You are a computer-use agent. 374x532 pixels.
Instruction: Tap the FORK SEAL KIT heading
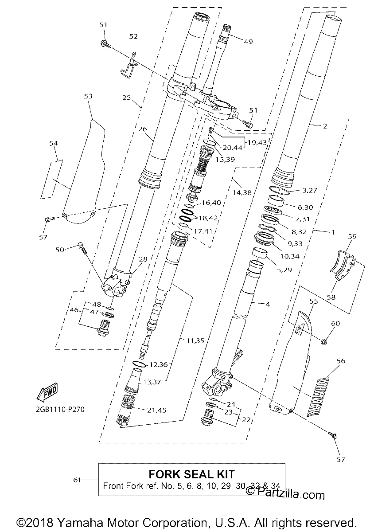pyautogui.click(x=191, y=474)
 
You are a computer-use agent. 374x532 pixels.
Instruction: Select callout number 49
pyautogui.click(x=249, y=42)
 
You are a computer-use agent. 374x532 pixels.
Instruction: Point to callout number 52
pyautogui.click(x=133, y=36)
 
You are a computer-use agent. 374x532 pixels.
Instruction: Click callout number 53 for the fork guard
pyautogui.click(x=88, y=96)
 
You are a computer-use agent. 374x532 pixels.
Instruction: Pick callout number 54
pyautogui.click(x=54, y=143)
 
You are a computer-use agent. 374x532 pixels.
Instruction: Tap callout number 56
pyautogui.click(x=341, y=361)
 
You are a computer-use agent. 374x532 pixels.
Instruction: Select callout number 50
pyautogui.click(x=60, y=250)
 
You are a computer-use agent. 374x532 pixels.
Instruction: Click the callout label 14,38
pyautogui.click(x=242, y=192)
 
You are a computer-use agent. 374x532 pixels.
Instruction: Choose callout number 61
pyautogui.click(x=77, y=480)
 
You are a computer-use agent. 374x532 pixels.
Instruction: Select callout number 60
pyautogui.click(x=335, y=324)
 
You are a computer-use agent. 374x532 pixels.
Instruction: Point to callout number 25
pyautogui.click(x=127, y=98)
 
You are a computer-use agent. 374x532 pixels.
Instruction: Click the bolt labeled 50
pyautogui.click(x=82, y=248)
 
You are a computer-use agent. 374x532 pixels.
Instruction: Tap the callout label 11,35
pyautogui.click(x=195, y=340)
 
